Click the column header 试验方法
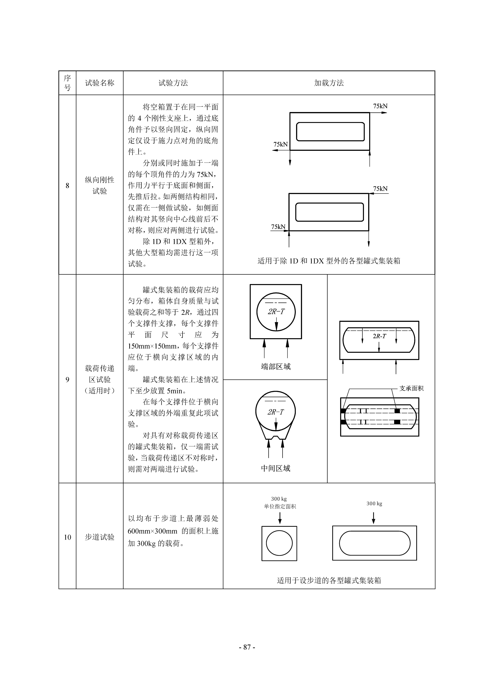[x=173, y=83]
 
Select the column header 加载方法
[x=329, y=83]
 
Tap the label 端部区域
[x=276, y=367]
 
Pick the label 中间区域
[x=276, y=468]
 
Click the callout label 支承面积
[x=411, y=388]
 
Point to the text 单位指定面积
[x=280, y=507]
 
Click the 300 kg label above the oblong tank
[x=374, y=503]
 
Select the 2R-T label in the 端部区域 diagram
[x=276, y=311]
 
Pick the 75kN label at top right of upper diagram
[x=380, y=106]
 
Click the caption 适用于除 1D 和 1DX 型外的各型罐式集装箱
[x=329, y=261]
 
